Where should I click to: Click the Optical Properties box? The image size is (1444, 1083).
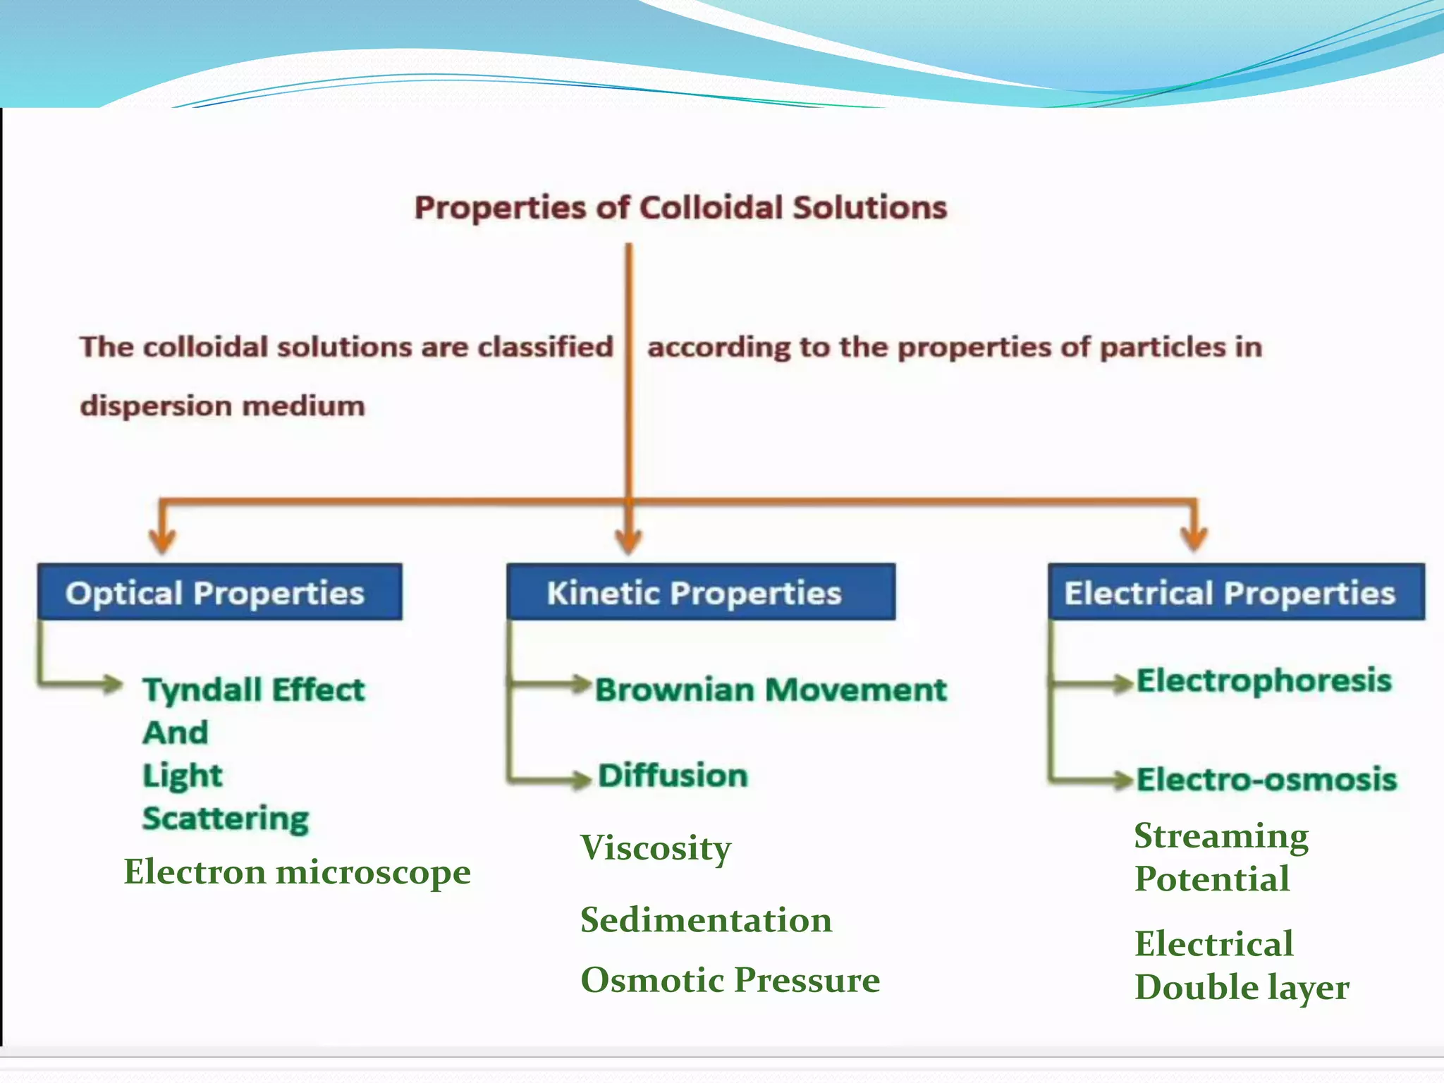[x=219, y=592]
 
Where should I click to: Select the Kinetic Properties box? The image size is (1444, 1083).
[x=700, y=592]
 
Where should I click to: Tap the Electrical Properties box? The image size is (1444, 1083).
[x=1235, y=592]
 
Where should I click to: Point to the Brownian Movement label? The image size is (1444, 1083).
[x=770, y=690]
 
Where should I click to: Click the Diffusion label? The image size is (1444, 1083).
[x=673, y=776]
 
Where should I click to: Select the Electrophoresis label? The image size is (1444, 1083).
[x=1263, y=681]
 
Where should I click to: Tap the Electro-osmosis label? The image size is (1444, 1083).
[x=1266, y=780]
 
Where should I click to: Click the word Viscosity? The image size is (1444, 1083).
[x=655, y=848]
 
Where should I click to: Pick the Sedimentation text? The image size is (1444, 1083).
[x=706, y=920]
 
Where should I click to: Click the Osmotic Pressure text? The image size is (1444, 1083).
[x=730, y=980]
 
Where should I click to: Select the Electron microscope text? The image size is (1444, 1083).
[x=297, y=872]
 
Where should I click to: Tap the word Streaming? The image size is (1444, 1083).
[x=1220, y=837]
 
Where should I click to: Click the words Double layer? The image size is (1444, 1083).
[x=1241, y=987]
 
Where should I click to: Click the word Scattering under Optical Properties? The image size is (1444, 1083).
[x=226, y=819]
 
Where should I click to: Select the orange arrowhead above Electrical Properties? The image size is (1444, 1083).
[x=1194, y=540]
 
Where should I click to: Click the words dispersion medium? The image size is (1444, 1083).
[x=222, y=407]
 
